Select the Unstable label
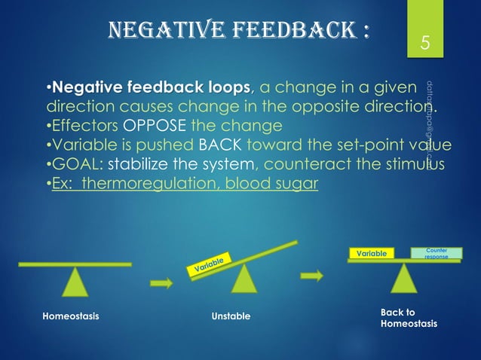(x=231, y=316)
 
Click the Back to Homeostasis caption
(x=407, y=317)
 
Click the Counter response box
(x=437, y=253)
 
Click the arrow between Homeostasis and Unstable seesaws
(x=161, y=283)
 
